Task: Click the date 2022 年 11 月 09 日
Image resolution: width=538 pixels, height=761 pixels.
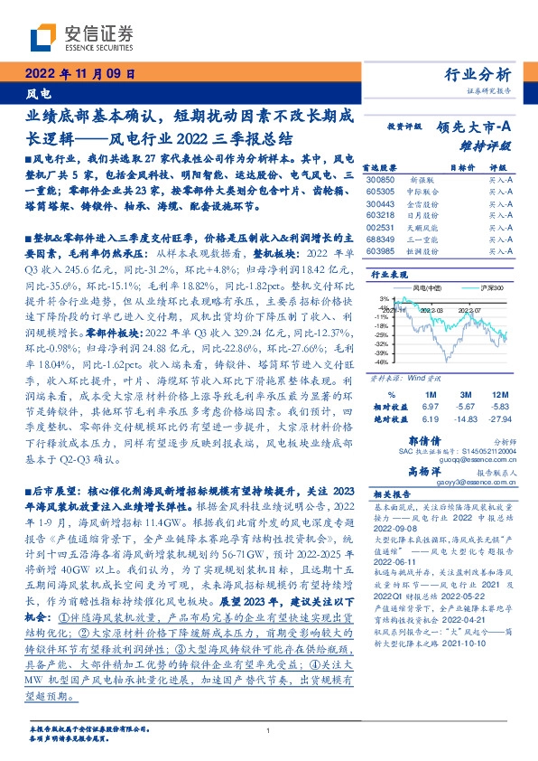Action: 79,74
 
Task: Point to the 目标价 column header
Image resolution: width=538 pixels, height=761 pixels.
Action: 462,167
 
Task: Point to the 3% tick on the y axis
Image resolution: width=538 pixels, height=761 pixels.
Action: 384,297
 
